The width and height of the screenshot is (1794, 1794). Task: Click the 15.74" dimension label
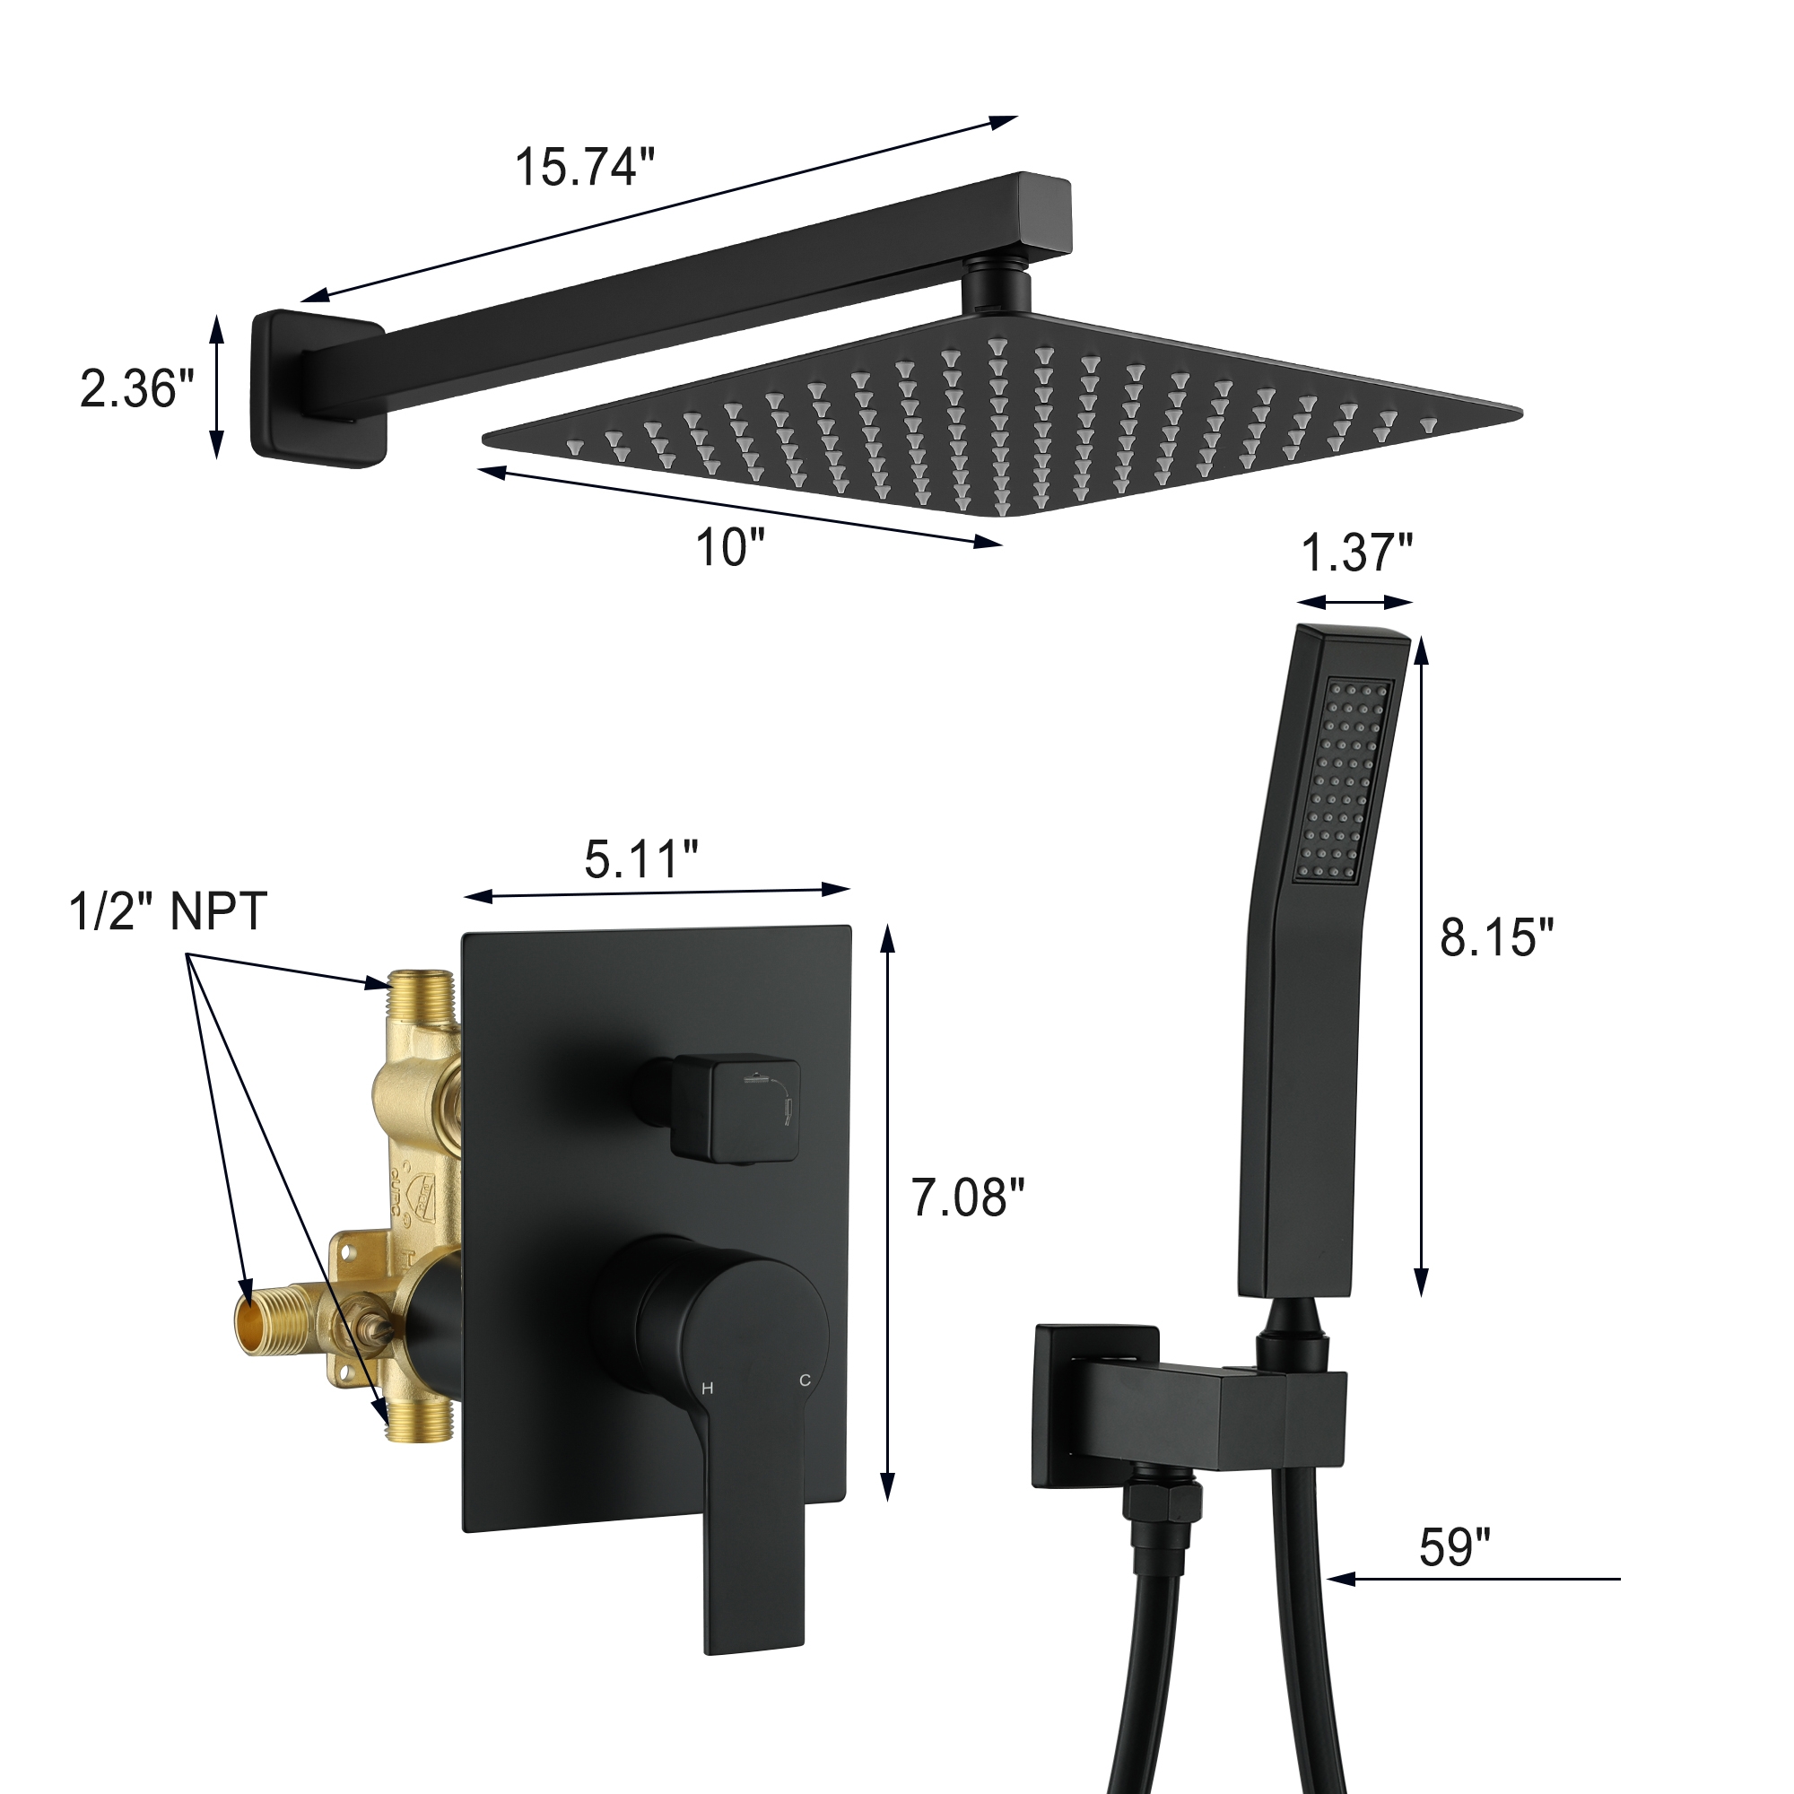584,168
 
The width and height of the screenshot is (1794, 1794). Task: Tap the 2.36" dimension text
136,388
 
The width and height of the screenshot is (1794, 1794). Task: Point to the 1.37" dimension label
1355,553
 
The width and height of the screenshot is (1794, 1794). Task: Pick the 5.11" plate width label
640,859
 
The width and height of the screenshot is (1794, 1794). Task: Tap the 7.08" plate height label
968,1197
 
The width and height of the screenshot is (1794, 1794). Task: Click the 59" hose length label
1454,1547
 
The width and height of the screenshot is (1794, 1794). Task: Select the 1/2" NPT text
168,911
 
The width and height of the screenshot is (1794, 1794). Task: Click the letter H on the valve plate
708,1389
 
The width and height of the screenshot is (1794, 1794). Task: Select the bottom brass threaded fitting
420,1440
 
